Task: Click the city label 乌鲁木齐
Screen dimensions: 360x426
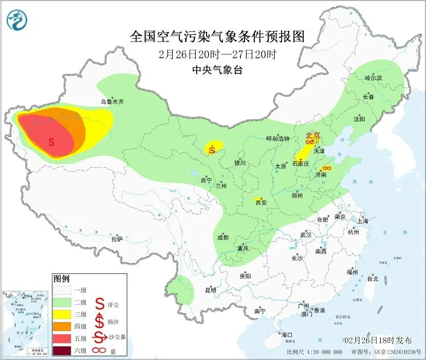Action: [112, 102]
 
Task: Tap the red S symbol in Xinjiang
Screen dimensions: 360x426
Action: [51, 142]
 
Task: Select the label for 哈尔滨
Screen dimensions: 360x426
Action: [374, 78]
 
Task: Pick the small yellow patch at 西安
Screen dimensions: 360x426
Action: [258, 199]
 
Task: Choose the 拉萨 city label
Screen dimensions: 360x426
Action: [117, 239]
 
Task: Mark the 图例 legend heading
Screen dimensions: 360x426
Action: [61, 279]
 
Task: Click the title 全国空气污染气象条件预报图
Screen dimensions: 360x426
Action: [217, 36]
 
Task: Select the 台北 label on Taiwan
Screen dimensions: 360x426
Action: [372, 279]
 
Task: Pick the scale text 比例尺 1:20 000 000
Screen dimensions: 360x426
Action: [315, 352]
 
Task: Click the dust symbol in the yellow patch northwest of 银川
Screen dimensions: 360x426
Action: [212, 149]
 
